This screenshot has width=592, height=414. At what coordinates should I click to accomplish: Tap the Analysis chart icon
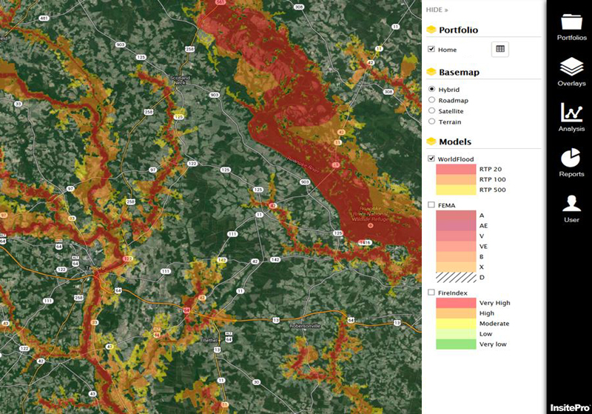tap(571, 113)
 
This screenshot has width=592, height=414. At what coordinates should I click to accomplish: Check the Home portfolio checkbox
tap(431, 50)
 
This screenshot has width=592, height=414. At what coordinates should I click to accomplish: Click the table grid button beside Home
tap(500, 49)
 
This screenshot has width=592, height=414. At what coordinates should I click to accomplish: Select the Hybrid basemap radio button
tap(431, 90)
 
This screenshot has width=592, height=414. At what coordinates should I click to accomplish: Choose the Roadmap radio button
tap(431, 100)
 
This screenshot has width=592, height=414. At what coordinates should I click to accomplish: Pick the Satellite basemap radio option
tap(431, 111)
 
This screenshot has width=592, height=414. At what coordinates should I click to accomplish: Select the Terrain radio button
tap(431, 121)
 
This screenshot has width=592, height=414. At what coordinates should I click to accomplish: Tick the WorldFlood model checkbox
tap(431, 158)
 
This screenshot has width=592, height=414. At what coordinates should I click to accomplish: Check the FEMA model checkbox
tap(431, 204)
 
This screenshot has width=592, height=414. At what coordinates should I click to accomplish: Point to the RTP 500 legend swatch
tap(455, 190)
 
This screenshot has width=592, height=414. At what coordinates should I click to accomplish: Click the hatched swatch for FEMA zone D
tap(455, 277)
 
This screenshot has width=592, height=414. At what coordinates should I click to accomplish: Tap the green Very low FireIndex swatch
tap(455, 344)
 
